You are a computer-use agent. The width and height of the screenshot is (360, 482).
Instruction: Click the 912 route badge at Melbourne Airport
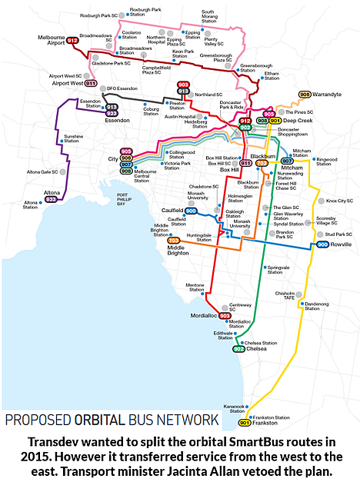pos(72,40)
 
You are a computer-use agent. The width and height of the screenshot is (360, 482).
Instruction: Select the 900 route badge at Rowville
pos(323,244)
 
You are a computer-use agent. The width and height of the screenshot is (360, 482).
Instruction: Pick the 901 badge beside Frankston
pos(245,423)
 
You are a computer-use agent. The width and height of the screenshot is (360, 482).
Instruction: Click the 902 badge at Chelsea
pos(238,348)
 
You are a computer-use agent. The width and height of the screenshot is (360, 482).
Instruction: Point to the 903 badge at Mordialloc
pos(225,315)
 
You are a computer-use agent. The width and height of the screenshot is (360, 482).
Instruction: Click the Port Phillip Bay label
pos(115,201)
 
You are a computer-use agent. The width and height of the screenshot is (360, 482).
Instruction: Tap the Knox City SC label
pos(338,201)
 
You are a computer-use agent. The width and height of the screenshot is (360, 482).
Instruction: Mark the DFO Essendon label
pos(122,88)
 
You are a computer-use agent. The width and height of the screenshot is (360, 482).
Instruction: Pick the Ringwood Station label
pos(327,161)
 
